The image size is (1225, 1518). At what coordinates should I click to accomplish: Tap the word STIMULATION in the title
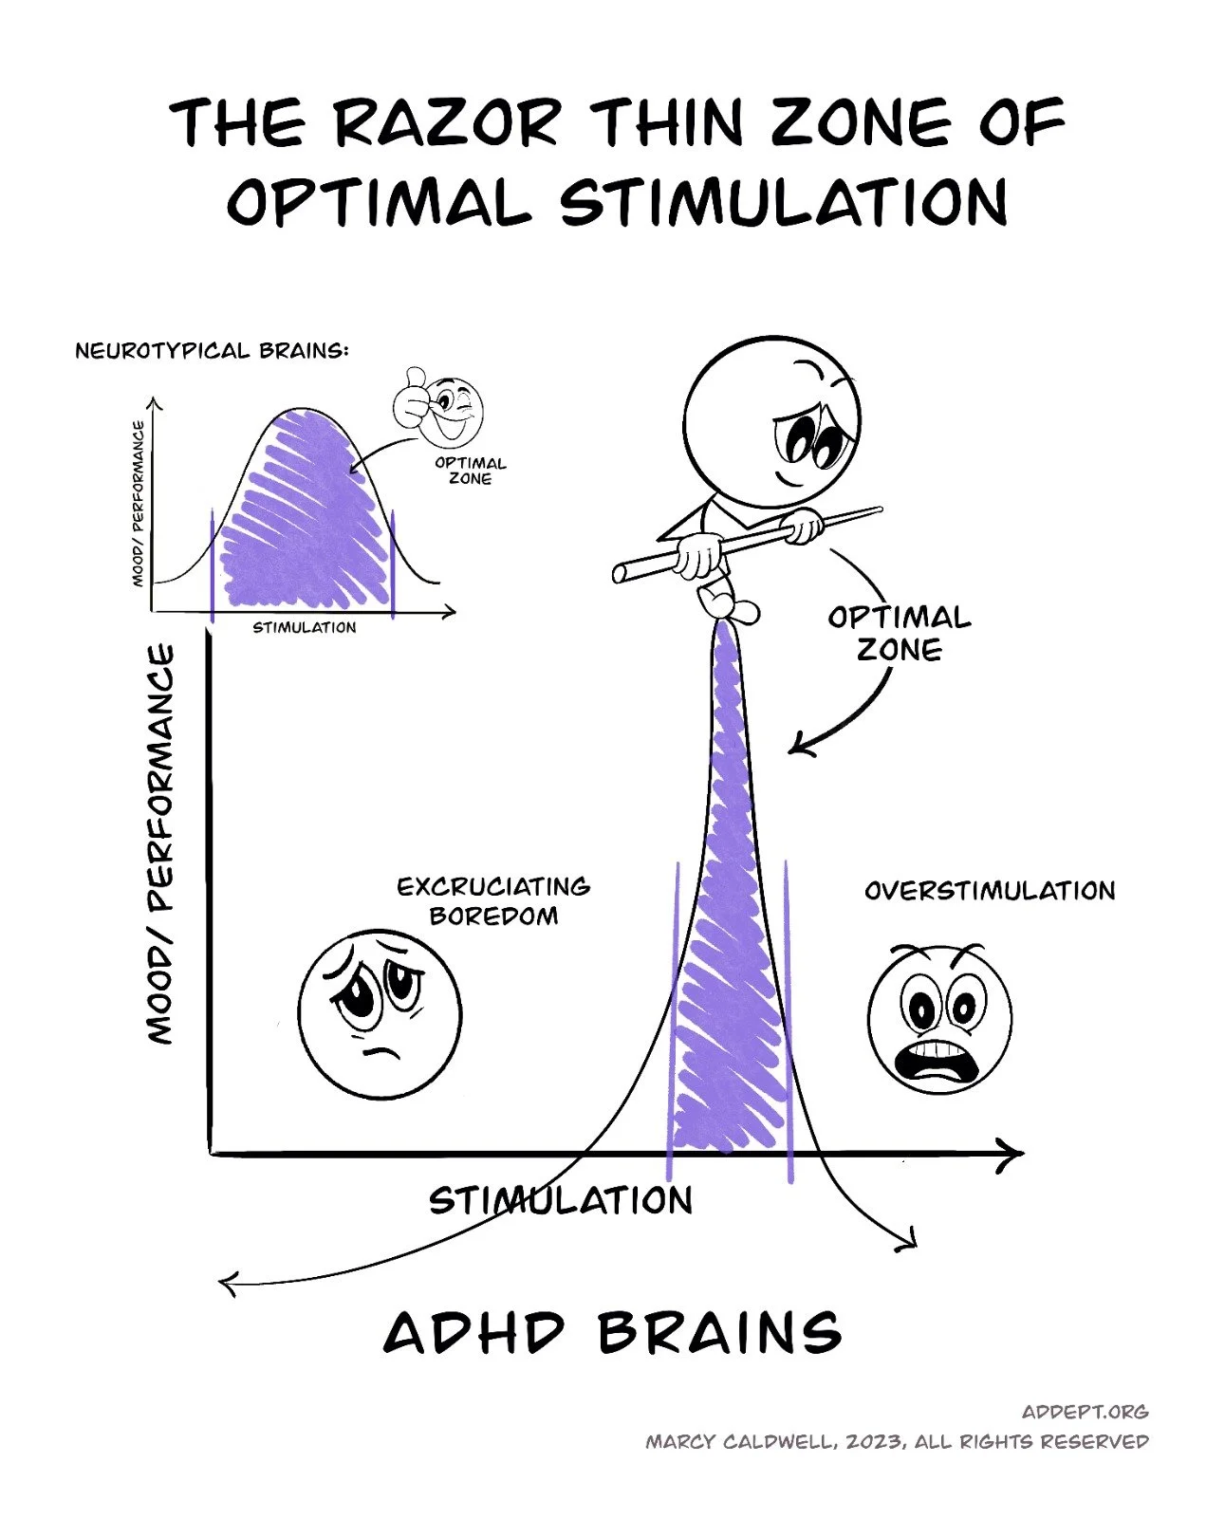[x=784, y=202]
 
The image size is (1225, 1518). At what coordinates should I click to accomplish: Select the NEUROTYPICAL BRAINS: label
[x=212, y=351]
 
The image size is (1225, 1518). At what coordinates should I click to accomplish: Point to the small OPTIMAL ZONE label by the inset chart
[x=471, y=471]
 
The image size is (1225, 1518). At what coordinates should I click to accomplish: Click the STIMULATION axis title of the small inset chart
[x=304, y=627]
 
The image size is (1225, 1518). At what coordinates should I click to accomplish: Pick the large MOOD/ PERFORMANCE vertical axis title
[x=161, y=844]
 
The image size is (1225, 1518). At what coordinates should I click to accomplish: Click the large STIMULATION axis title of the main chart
[x=560, y=1201]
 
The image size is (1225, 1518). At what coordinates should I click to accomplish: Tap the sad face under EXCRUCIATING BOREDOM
[x=380, y=1014]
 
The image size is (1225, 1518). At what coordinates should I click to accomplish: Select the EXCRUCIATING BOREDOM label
[x=493, y=900]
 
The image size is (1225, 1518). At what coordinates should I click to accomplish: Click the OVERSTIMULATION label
[x=990, y=891]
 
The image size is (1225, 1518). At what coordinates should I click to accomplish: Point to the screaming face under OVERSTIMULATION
[x=939, y=1018]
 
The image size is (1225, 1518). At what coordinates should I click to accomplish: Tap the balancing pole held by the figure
[x=750, y=542]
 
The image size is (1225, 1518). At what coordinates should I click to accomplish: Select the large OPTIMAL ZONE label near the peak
[x=899, y=634]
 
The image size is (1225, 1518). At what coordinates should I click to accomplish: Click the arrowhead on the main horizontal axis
[x=1013, y=1154]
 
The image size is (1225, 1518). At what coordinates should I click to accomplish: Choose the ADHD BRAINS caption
[x=612, y=1332]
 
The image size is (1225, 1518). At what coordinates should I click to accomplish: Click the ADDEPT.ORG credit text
[x=1085, y=1412]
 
